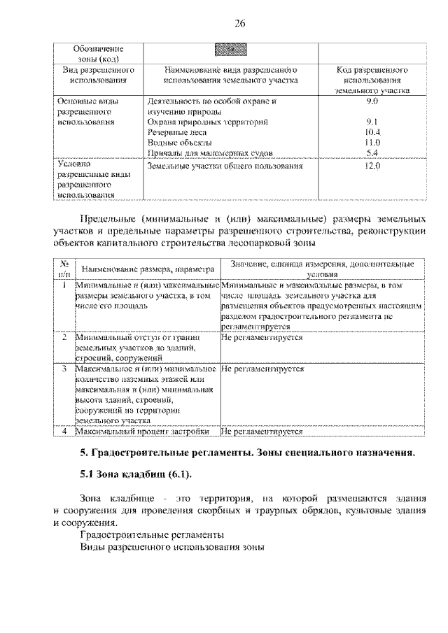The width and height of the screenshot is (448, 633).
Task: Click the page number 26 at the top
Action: (x=239, y=25)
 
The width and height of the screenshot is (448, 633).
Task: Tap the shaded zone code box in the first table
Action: (x=230, y=50)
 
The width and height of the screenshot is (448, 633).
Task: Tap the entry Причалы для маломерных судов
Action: (x=210, y=152)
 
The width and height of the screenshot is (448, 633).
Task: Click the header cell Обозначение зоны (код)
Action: (x=98, y=54)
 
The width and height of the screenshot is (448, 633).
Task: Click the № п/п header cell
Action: (x=64, y=269)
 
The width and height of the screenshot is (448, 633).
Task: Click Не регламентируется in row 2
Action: (x=261, y=337)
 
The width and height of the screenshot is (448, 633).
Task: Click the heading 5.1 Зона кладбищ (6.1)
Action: (x=135, y=475)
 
